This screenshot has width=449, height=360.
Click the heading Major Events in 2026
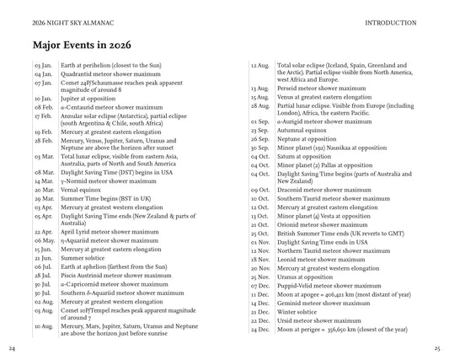pyautogui.click(x=75, y=45)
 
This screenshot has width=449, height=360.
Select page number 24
pyautogui.click(x=11, y=348)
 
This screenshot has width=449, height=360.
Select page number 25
pyautogui.click(x=437, y=348)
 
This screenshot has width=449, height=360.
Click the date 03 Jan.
pyautogui.click(x=44, y=66)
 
